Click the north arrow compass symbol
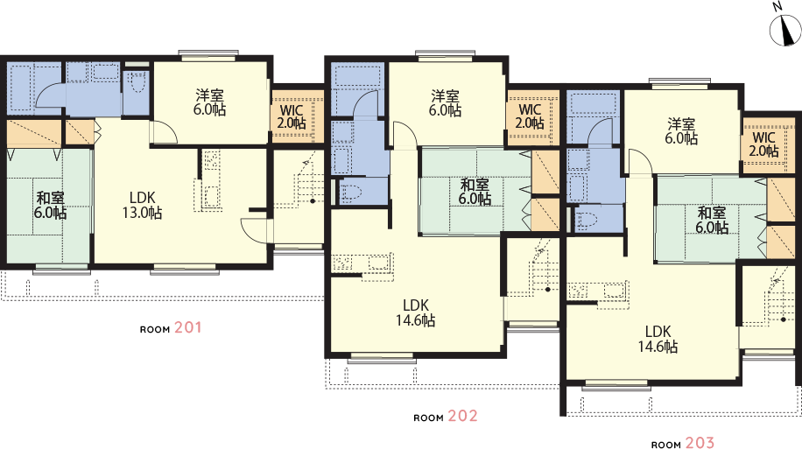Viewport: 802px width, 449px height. tap(785, 30)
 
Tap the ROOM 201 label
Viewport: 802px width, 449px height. tap(171, 328)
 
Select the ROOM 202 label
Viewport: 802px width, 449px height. tap(446, 417)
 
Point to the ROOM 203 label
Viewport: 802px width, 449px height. tap(683, 443)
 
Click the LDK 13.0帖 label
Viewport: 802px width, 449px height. tap(142, 205)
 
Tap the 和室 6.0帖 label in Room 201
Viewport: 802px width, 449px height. tap(50, 205)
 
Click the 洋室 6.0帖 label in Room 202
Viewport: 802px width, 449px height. tap(445, 102)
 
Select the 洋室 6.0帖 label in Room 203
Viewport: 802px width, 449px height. tap(681, 131)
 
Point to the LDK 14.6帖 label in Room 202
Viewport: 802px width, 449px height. tap(415, 313)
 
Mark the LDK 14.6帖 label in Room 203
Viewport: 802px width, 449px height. tap(658, 339)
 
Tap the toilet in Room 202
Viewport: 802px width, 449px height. tap(351, 193)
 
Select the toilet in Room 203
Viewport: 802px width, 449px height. tap(587, 220)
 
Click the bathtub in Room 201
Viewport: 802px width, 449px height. tap(20, 85)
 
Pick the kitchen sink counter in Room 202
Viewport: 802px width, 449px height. tap(362, 263)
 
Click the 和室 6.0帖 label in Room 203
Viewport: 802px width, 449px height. tap(712, 220)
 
